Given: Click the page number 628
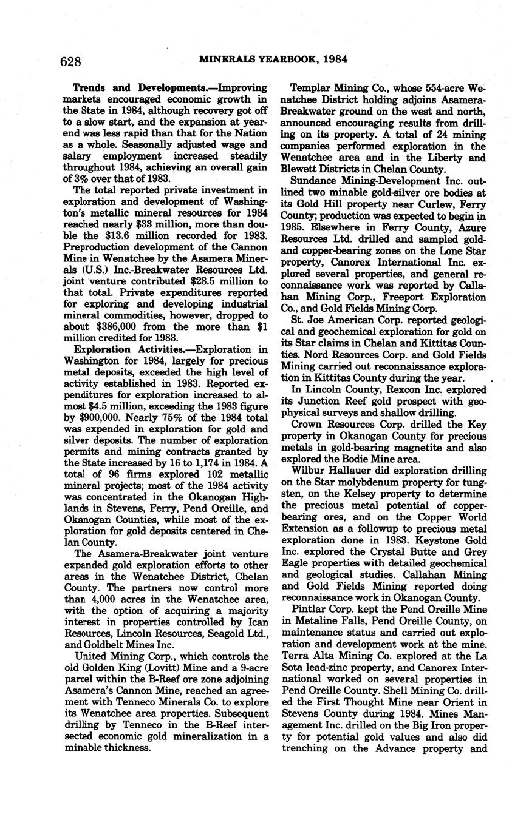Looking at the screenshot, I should click(71, 61).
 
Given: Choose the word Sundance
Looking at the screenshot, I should click(314, 180).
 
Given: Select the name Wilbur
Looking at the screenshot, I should click(307, 470).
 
